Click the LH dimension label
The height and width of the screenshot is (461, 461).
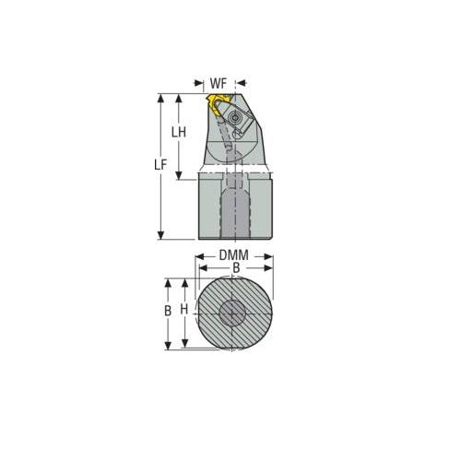click(x=180, y=132)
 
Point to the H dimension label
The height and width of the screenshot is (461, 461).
click(x=185, y=311)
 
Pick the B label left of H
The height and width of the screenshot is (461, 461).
click(x=168, y=311)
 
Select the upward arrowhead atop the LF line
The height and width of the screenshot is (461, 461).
click(x=161, y=95)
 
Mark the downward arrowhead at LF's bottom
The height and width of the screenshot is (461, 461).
click(x=161, y=236)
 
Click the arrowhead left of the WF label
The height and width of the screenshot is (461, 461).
click(x=203, y=83)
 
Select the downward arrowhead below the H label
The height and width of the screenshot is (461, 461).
click(x=185, y=344)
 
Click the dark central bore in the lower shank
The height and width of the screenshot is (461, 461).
click(x=235, y=210)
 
